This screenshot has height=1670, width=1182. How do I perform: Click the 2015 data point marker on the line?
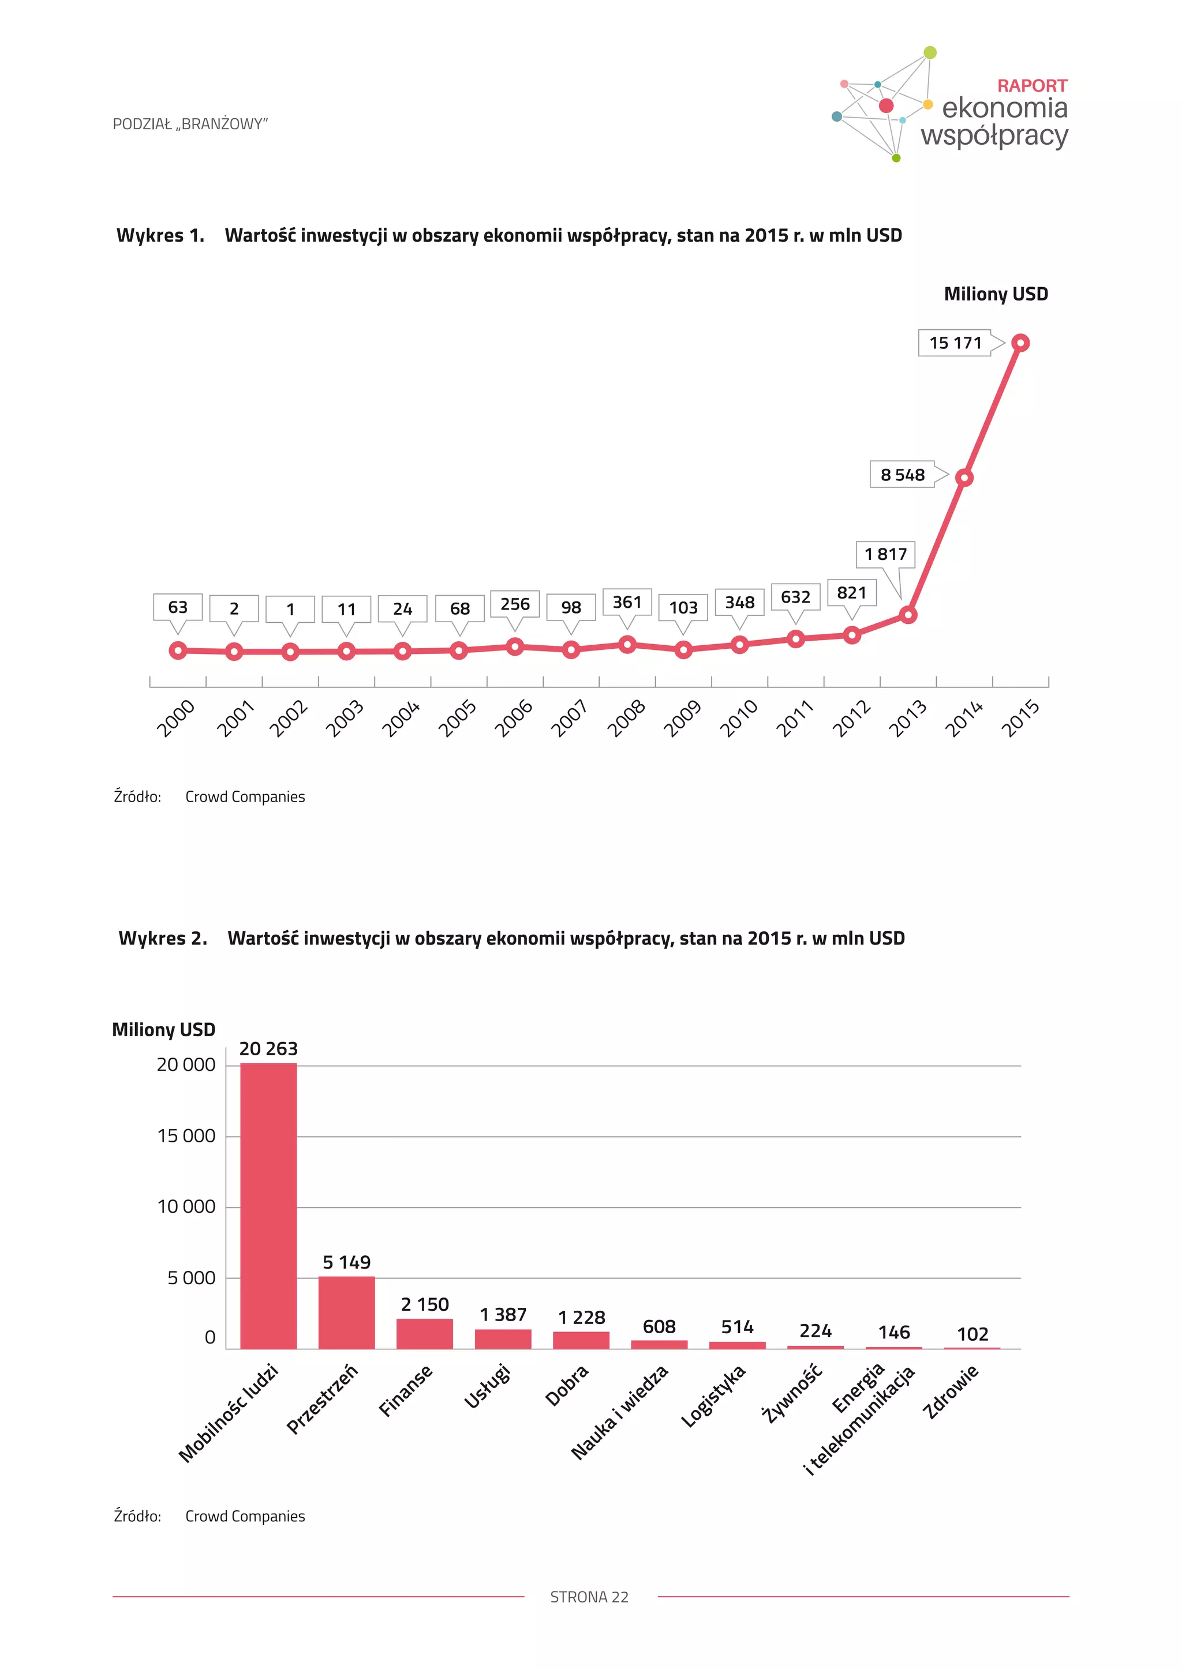click(1020, 343)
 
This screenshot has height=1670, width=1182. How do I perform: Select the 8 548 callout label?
click(903, 475)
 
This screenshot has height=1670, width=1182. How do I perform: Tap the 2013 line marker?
click(908, 615)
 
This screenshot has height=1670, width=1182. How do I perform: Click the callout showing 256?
click(515, 604)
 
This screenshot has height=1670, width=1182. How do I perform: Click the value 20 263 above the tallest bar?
click(268, 1048)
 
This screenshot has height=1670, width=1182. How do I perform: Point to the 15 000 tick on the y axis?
click(186, 1135)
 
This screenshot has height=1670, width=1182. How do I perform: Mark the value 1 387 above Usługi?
click(503, 1314)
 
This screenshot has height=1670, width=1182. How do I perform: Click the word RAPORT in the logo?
click(1032, 86)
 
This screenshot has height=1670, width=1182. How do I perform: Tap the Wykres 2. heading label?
click(163, 938)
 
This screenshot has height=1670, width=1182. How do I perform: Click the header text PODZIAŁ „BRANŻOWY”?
click(190, 125)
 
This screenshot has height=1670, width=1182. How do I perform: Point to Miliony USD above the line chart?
click(996, 294)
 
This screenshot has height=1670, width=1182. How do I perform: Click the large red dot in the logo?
click(886, 106)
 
